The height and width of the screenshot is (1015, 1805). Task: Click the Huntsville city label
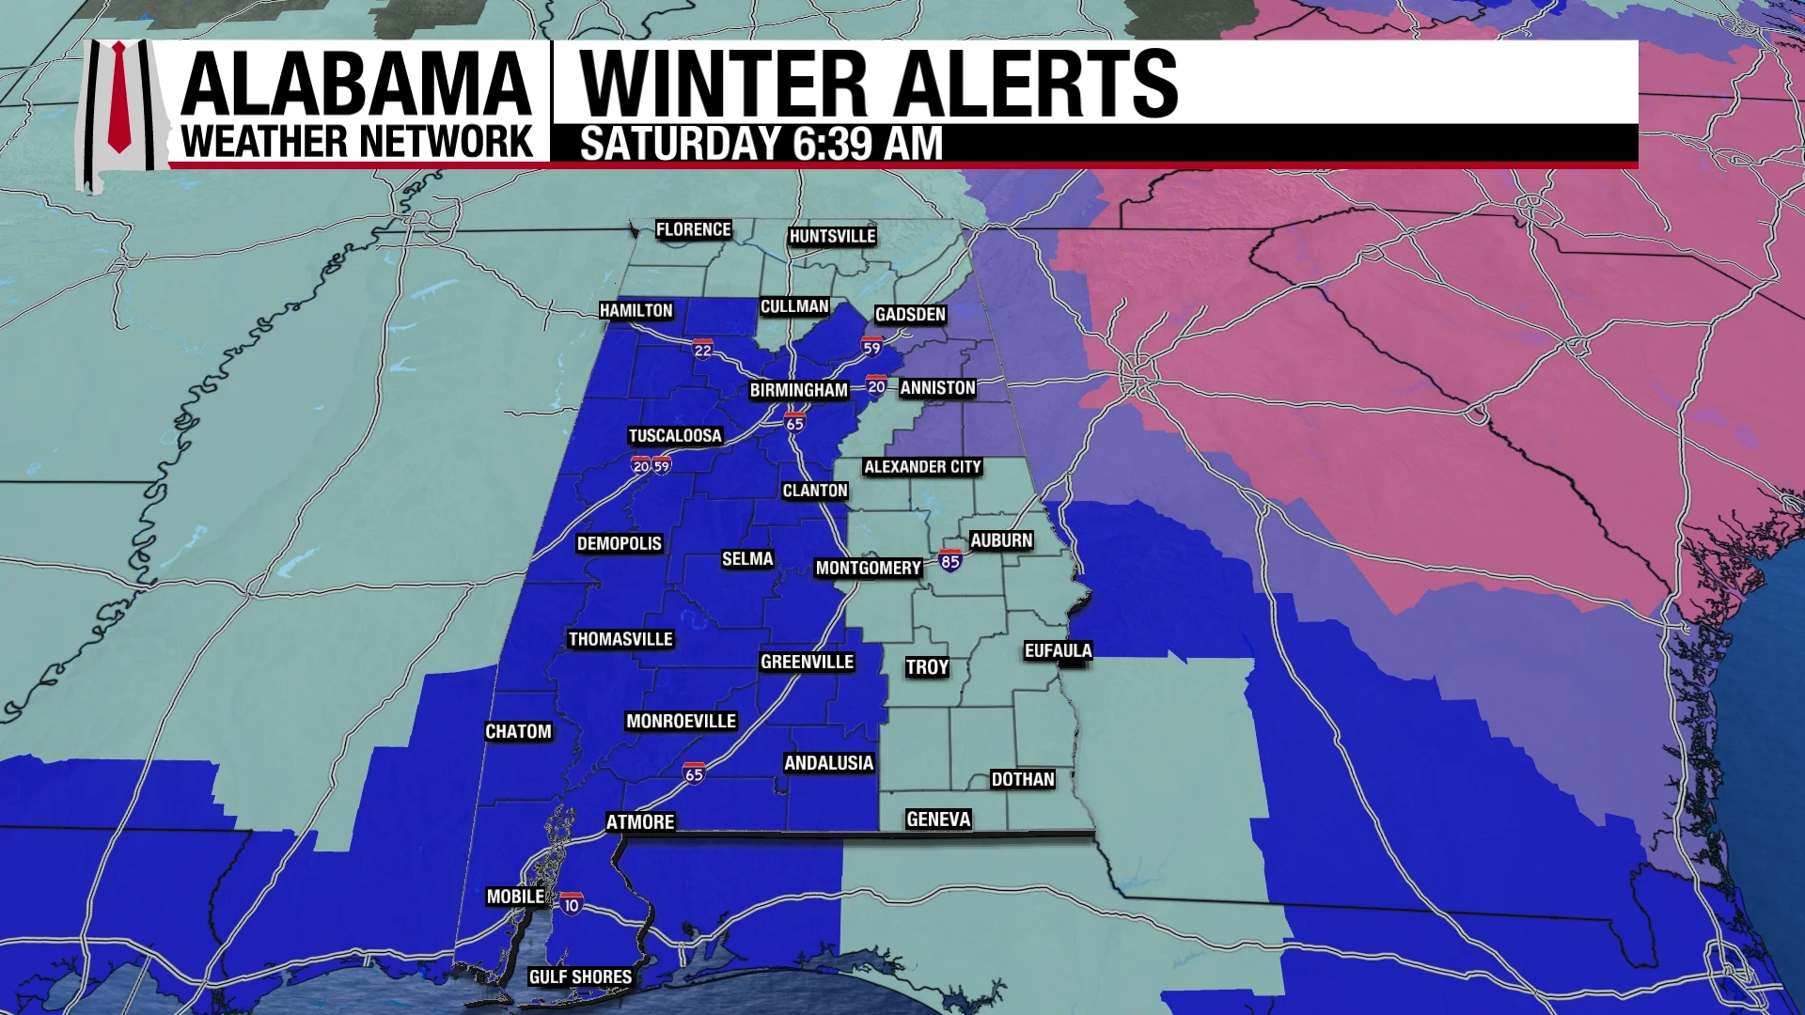(x=832, y=236)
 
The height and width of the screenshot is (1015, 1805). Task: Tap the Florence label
(x=693, y=229)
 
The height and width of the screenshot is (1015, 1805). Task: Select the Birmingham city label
(x=798, y=390)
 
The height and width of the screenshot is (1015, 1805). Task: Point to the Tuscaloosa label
(x=675, y=436)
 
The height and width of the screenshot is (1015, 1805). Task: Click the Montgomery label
(x=868, y=568)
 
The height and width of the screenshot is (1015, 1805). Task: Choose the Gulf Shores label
(x=580, y=977)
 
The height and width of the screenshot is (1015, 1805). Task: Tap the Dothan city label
(x=1023, y=779)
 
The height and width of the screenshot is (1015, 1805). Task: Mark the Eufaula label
(x=1058, y=650)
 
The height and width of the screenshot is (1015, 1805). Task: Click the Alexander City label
(x=922, y=467)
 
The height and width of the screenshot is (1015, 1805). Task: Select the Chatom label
(x=518, y=731)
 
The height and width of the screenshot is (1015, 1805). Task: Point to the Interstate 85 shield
(x=950, y=561)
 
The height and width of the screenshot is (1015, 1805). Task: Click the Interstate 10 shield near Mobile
(x=571, y=905)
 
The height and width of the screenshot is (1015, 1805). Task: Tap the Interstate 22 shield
(x=702, y=350)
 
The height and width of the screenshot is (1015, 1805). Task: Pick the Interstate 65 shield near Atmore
(x=694, y=773)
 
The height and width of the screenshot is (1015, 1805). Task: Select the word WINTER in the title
(x=723, y=84)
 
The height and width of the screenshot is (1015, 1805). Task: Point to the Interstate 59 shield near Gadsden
(x=871, y=347)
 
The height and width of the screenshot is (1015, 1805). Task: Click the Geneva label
(x=938, y=820)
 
